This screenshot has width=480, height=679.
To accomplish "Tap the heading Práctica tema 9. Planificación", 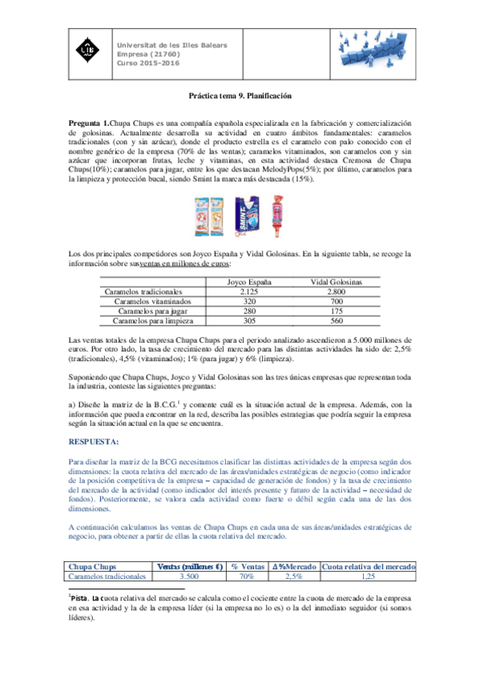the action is [240, 95].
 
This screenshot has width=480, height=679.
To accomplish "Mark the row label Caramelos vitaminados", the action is [148, 302].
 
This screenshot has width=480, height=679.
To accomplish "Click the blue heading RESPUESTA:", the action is [93, 441].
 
